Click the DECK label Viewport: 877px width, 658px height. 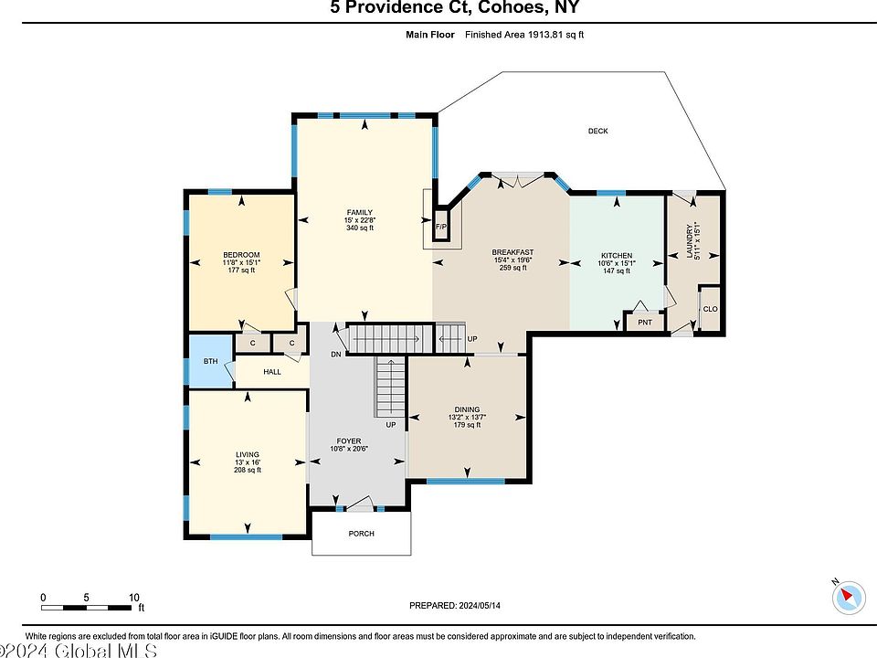(597, 131)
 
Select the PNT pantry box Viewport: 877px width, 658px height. (645, 322)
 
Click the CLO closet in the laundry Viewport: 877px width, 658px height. (710, 309)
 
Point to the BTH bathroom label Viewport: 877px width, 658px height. (210, 362)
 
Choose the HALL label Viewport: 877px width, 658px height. (272, 372)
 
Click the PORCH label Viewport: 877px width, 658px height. (362, 533)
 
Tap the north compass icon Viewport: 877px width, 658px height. (849, 597)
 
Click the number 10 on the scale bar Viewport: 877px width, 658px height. (134, 598)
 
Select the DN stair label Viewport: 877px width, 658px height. (335, 355)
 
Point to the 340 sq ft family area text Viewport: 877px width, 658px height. (360, 228)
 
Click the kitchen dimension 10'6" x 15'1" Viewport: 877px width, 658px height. (617, 263)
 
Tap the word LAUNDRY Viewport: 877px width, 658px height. (689, 241)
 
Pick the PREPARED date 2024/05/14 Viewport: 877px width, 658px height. (480, 605)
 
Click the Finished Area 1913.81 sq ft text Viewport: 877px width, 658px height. (524, 35)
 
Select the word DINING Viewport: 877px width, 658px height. (467, 409)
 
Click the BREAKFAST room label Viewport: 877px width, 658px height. (512, 252)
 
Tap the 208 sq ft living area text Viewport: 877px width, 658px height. (248, 470)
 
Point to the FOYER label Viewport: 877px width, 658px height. (348, 440)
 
